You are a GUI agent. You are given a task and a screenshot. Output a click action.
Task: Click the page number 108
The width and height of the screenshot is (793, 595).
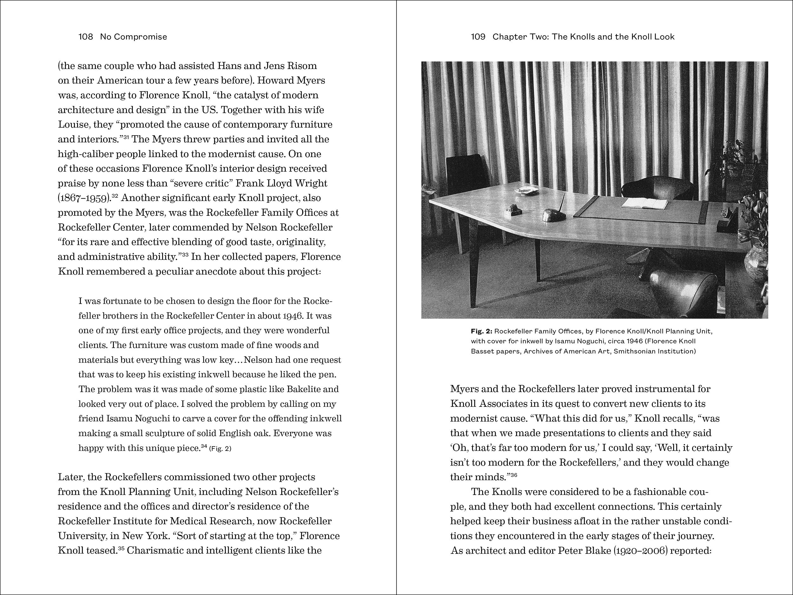click(86, 36)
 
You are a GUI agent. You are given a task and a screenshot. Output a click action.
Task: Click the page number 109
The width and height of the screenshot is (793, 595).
click(478, 36)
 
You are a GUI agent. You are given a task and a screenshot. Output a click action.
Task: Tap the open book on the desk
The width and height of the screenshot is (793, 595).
click(645, 204)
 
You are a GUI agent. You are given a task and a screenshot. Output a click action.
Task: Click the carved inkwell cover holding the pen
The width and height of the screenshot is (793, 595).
click(554, 215)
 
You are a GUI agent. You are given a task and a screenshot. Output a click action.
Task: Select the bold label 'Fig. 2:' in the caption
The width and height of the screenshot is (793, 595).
click(482, 331)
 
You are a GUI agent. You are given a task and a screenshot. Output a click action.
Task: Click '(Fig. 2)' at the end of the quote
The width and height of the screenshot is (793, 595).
click(220, 449)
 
